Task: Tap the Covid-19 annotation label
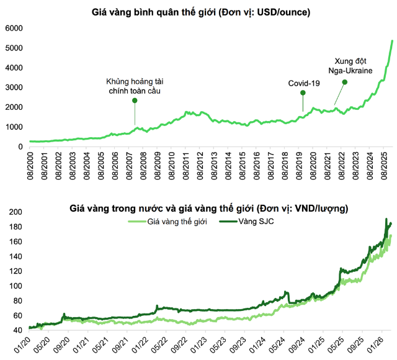coord(304,83)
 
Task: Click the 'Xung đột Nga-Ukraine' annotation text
coord(350,66)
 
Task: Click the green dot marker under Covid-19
coord(303,93)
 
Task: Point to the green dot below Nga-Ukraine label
coord(345,82)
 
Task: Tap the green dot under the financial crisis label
coord(135,100)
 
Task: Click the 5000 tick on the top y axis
coord(14,48)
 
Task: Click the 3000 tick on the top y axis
coord(14,88)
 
